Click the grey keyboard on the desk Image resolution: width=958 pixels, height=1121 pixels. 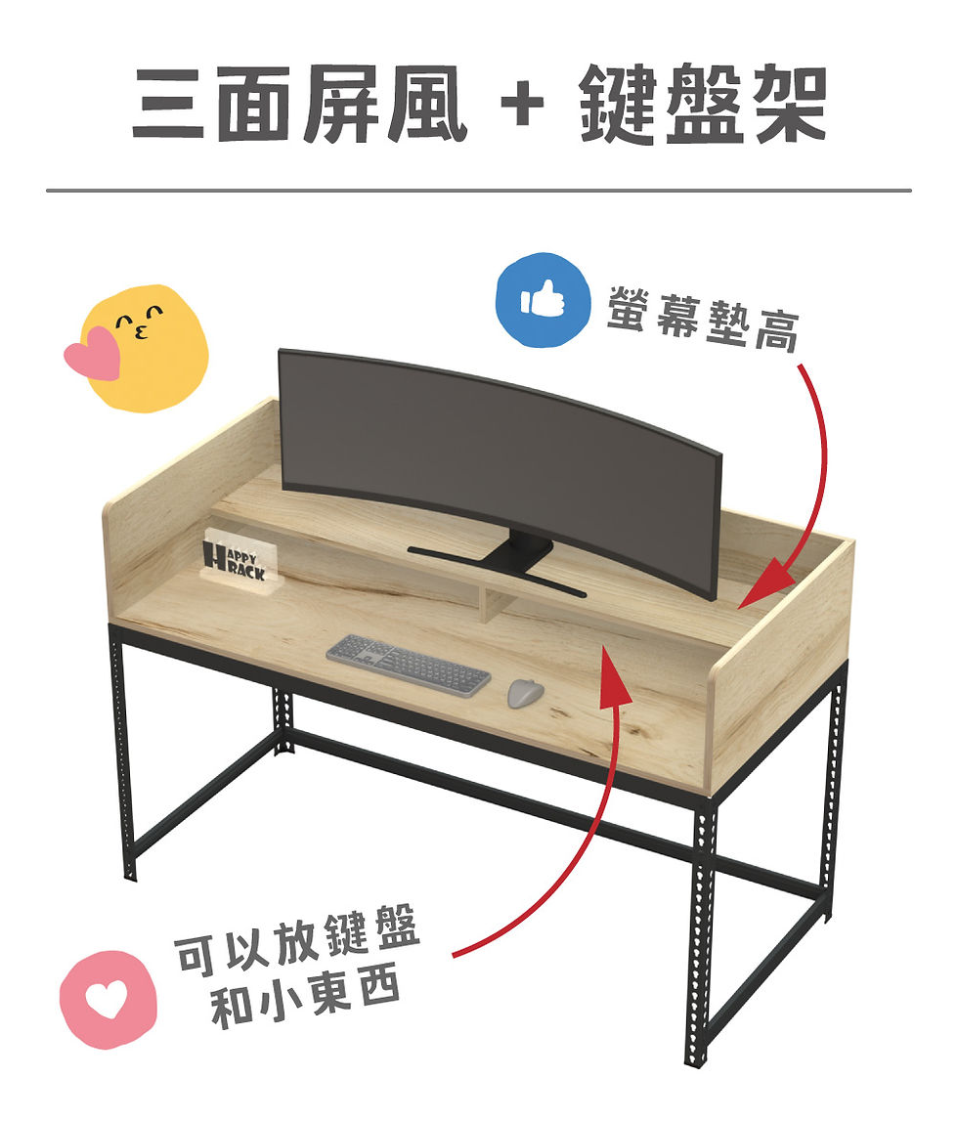click(409, 665)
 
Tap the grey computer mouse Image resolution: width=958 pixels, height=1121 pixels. click(525, 693)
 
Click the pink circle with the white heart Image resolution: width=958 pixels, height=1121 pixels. click(108, 1000)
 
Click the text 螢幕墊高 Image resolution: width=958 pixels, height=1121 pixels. click(702, 318)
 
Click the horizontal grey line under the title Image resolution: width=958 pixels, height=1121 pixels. click(478, 190)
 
